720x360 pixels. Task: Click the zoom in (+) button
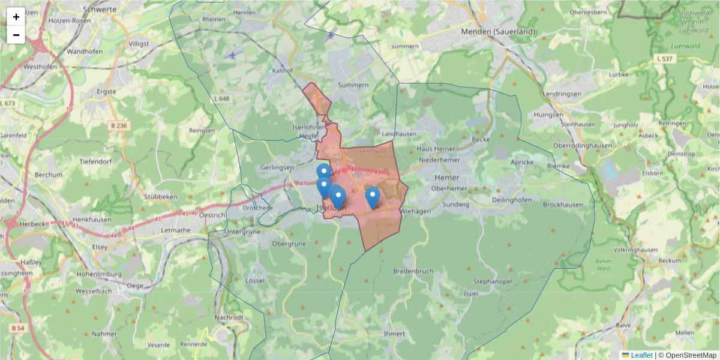(16, 17)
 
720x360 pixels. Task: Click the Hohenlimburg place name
(99, 274)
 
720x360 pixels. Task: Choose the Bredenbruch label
(413, 271)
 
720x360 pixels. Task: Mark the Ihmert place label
(394, 333)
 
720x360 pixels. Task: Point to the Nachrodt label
(229, 317)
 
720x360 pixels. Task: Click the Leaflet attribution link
(641, 355)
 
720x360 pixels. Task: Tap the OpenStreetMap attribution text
(687, 355)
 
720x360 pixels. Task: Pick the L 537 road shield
(665, 58)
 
